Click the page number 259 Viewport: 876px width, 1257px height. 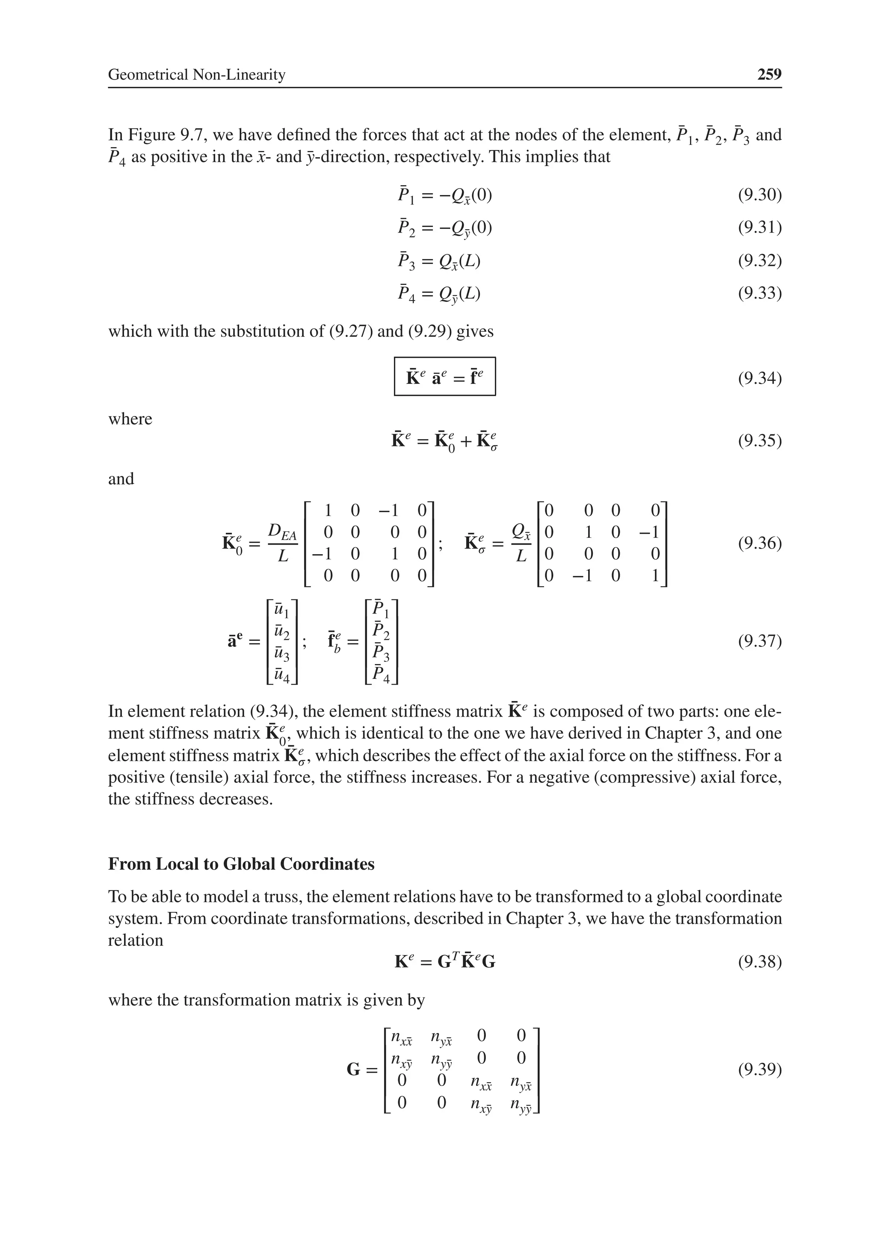[x=769, y=74]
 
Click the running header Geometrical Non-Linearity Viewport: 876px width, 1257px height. [x=197, y=74]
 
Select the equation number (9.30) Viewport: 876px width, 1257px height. [x=759, y=195]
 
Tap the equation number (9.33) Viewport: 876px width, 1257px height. [x=759, y=293]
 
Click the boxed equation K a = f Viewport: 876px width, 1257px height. [x=444, y=377]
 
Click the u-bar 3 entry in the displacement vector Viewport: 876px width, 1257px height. [x=281, y=653]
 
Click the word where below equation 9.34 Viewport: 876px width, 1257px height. [x=130, y=419]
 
